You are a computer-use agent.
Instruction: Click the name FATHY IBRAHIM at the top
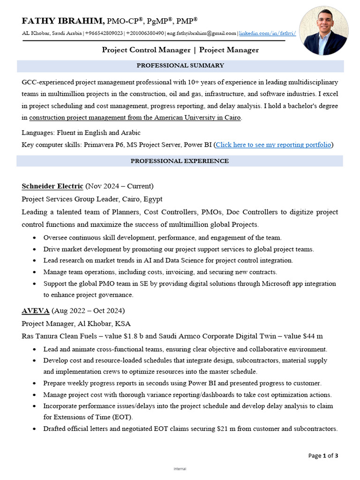63,21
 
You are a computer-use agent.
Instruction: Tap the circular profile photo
323,31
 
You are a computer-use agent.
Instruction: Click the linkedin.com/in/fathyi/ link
268,33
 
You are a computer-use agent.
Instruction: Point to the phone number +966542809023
104,33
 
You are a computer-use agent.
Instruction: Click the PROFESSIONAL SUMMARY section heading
180,66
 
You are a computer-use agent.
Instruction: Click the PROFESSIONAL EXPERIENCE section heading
180,161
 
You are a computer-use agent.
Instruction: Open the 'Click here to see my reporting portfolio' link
273,145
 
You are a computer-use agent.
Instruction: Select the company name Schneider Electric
52,186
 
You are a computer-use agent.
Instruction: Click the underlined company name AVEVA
36,311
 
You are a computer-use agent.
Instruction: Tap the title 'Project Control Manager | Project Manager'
180,50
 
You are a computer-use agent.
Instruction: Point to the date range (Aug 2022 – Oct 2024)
88,311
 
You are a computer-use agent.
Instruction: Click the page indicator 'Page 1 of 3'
323,455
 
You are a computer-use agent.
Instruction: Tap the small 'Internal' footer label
180,469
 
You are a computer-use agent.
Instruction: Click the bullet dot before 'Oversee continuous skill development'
35,238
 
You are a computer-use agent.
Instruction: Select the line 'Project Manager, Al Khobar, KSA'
76,323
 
